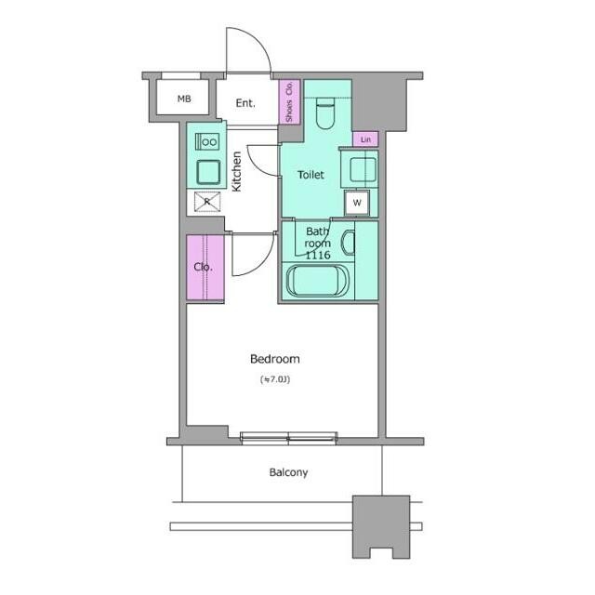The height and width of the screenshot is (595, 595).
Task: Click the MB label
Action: click(184, 99)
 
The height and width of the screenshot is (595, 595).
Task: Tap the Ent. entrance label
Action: click(245, 103)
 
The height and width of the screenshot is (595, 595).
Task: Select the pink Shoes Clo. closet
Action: click(290, 101)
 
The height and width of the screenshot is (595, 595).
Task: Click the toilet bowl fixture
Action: click(325, 112)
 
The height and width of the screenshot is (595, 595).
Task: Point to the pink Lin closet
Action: click(365, 139)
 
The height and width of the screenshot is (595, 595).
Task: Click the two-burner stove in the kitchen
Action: click(207, 142)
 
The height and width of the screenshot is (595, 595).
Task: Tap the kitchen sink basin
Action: click(208, 172)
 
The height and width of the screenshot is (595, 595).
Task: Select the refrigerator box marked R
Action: click(207, 202)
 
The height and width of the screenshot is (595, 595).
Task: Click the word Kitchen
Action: click(236, 171)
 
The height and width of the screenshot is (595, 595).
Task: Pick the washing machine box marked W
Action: click(357, 203)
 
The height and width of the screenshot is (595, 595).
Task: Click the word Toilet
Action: click(311, 175)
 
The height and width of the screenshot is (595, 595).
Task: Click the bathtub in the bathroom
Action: click(317, 281)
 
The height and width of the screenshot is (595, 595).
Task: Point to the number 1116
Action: click(318, 255)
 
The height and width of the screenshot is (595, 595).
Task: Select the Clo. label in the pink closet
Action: click(203, 267)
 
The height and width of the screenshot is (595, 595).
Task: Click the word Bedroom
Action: click(275, 359)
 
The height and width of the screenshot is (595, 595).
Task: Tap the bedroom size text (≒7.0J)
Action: click(275, 379)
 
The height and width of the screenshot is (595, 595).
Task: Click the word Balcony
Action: click(288, 472)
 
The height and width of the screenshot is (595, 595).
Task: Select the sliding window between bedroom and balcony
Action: click(289, 438)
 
